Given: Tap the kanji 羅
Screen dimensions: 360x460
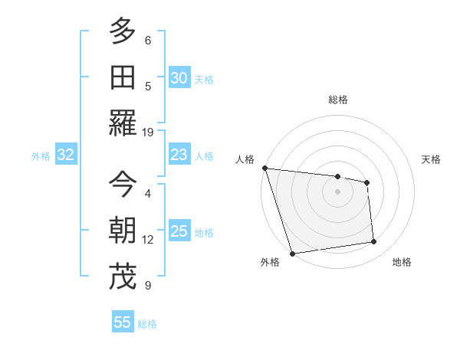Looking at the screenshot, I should point(123,123).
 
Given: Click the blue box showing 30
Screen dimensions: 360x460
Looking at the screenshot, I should point(179,78).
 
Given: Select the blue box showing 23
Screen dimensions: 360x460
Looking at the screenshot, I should point(179,155).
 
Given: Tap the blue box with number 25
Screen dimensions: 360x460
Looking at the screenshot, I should point(179,231).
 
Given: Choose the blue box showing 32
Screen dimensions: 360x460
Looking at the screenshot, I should point(65,155).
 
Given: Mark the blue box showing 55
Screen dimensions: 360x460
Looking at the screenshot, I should point(123,322).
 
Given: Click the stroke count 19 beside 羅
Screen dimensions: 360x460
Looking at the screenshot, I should point(148,132).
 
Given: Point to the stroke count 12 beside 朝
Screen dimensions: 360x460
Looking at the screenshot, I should point(148,240).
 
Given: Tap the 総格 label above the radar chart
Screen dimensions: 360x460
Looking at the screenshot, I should point(337,100).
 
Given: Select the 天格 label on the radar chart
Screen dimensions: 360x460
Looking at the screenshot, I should point(432,159).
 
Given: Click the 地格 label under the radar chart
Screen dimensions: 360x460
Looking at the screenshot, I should point(402,262).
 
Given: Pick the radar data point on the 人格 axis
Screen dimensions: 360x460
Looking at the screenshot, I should point(264,168).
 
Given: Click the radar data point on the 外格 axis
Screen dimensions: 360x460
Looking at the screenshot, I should point(292,254).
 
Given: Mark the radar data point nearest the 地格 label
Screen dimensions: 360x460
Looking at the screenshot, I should point(374,242).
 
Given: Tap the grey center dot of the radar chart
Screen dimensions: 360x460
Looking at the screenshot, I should point(337,191).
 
